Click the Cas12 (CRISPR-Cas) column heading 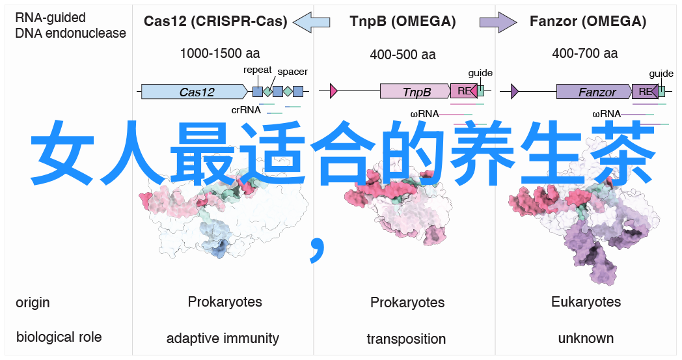pos(215,21)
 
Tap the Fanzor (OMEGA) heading pos(588,21)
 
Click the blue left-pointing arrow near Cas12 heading pos(312,22)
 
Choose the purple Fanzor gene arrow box pos(594,92)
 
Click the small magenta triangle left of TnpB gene pos(334,91)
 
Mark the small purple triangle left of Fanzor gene pos(515,91)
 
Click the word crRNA pos(245,110)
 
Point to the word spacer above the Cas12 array pos(292,72)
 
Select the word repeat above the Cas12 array pos(258,70)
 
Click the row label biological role pos(59,337)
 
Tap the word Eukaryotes pos(586,302)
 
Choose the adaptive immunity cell pos(223,339)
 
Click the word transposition pos(406,339)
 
